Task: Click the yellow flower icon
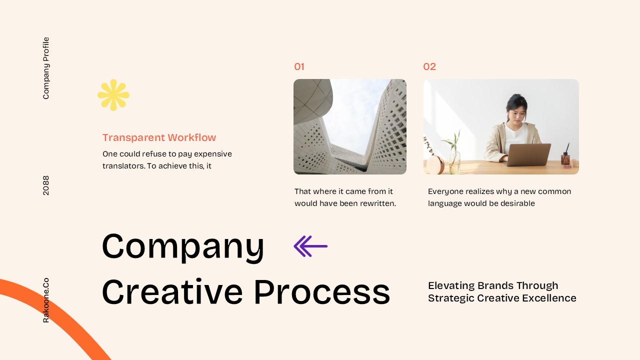(113, 95)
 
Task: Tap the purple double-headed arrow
(310, 246)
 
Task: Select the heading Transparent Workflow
(159, 137)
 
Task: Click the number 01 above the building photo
(299, 67)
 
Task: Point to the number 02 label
(429, 67)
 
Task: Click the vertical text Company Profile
(46, 68)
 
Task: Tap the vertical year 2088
(46, 185)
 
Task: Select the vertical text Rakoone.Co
(46, 300)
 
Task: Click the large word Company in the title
(183, 246)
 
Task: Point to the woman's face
(517, 113)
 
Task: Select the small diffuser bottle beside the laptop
(565, 157)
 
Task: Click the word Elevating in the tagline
(451, 285)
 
